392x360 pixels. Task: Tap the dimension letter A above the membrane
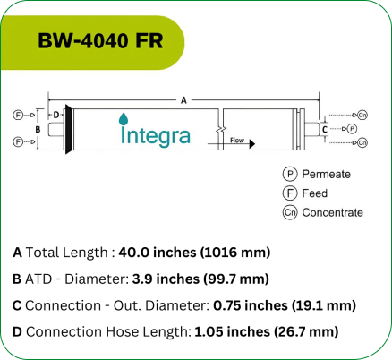click(184, 100)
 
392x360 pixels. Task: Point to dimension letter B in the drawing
click(38, 129)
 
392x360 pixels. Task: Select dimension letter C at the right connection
click(325, 129)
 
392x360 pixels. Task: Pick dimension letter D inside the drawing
click(55, 115)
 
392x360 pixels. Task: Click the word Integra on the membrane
click(155, 135)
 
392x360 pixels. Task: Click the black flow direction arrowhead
click(254, 142)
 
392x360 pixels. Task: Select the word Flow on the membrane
click(237, 141)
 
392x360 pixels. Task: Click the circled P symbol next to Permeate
click(289, 174)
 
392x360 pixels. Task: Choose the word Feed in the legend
click(315, 193)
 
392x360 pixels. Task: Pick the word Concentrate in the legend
click(332, 212)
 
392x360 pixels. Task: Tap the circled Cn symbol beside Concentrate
click(289, 212)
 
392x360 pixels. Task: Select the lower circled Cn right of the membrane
click(362, 142)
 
